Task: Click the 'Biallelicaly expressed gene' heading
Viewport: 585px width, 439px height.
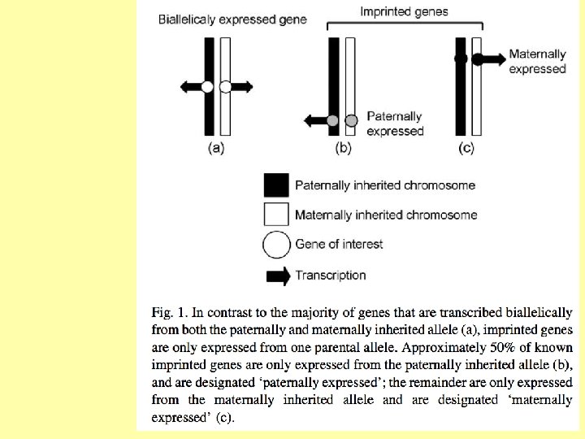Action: (232, 19)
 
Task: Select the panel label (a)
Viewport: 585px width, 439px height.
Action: (216, 147)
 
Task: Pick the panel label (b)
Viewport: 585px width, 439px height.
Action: (343, 147)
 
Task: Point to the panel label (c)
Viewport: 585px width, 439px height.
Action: (466, 147)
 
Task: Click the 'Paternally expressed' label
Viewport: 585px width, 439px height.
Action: (395, 124)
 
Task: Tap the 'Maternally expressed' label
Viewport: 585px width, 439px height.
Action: (537, 62)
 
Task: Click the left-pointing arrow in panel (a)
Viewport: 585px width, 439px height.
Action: (190, 86)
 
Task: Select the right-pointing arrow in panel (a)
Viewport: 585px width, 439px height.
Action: (241, 86)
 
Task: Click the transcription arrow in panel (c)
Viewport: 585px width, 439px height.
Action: (492, 59)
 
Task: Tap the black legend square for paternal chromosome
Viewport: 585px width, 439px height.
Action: (276, 185)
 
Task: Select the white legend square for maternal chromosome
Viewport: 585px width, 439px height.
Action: (276, 215)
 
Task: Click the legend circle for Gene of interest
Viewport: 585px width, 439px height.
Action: (276, 244)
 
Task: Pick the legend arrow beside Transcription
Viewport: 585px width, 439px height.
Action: (278, 276)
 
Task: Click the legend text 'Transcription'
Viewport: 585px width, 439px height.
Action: (331, 276)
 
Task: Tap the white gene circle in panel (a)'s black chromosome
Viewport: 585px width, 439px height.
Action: (208, 86)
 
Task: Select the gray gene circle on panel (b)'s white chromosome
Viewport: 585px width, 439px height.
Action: (351, 121)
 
